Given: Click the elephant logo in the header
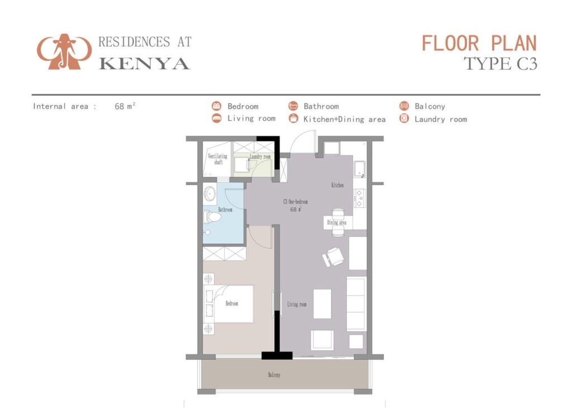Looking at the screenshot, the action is click(x=64, y=51).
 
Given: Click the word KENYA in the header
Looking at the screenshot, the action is click(x=145, y=64).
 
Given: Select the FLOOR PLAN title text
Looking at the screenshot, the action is click(x=479, y=44).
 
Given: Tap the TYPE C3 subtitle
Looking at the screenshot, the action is click(x=500, y=64).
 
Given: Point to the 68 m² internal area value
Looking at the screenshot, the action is click(x=125, y=106).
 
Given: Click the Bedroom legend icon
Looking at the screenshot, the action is click(x=217, y=106).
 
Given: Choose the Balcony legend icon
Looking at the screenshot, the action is click(x=404, y=106).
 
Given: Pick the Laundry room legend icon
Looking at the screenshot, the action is click(x=404, y=118).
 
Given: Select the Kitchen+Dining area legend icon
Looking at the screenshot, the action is click(x=293, y=118).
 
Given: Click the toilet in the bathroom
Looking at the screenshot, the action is click(x=212, y=217).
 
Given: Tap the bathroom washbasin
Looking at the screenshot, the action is click(x=210, y=193).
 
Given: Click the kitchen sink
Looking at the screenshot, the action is click(x=359, y=169).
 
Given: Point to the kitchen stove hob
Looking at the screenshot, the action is click(x=359, y=198).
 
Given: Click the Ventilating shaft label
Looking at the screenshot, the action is click(x=218, y=159).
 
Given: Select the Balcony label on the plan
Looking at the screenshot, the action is click(x=274, y=375).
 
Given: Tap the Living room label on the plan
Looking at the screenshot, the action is click(x=297, y=304).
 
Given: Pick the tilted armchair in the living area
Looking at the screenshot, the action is click(x=333, y=256).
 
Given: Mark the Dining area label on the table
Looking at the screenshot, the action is click(x=337, y=222).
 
